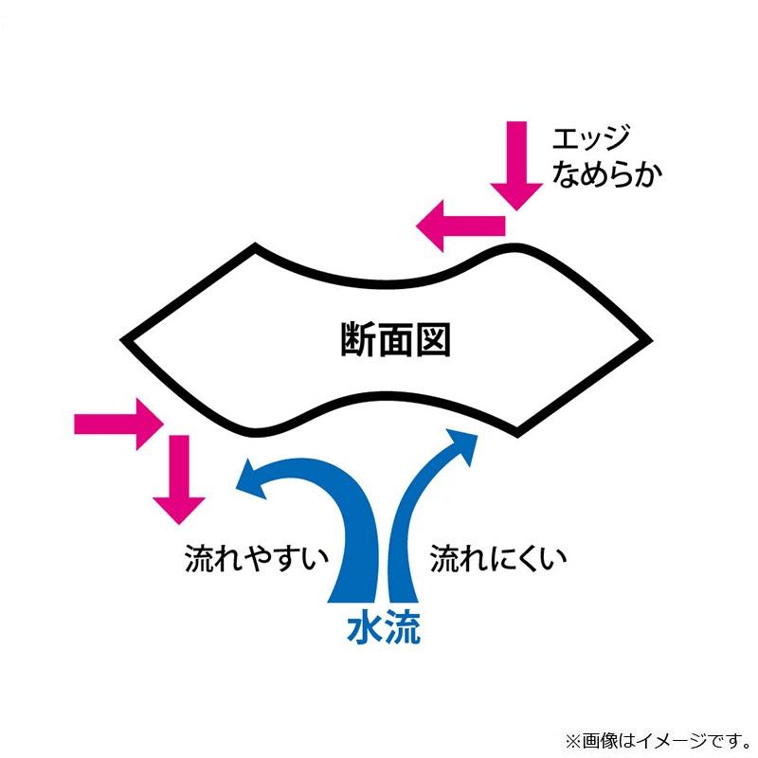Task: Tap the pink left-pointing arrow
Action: pyautogui.click(x=460, y=225)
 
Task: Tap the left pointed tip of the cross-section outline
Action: pyautogui.click(x=124, y=337)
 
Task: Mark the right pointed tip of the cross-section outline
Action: pyautogui.click(x=649, y=338)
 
